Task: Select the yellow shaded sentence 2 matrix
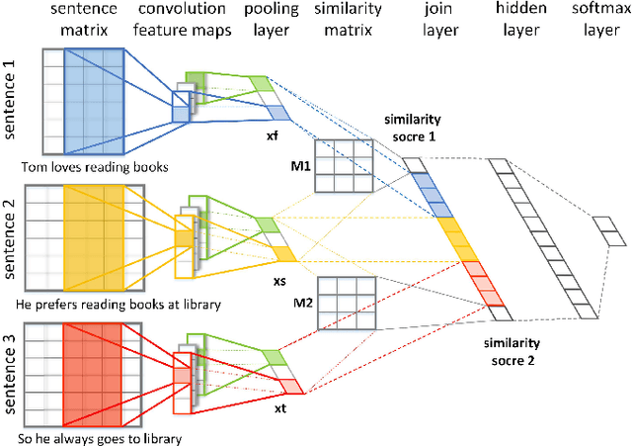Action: (x=94, y=230)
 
